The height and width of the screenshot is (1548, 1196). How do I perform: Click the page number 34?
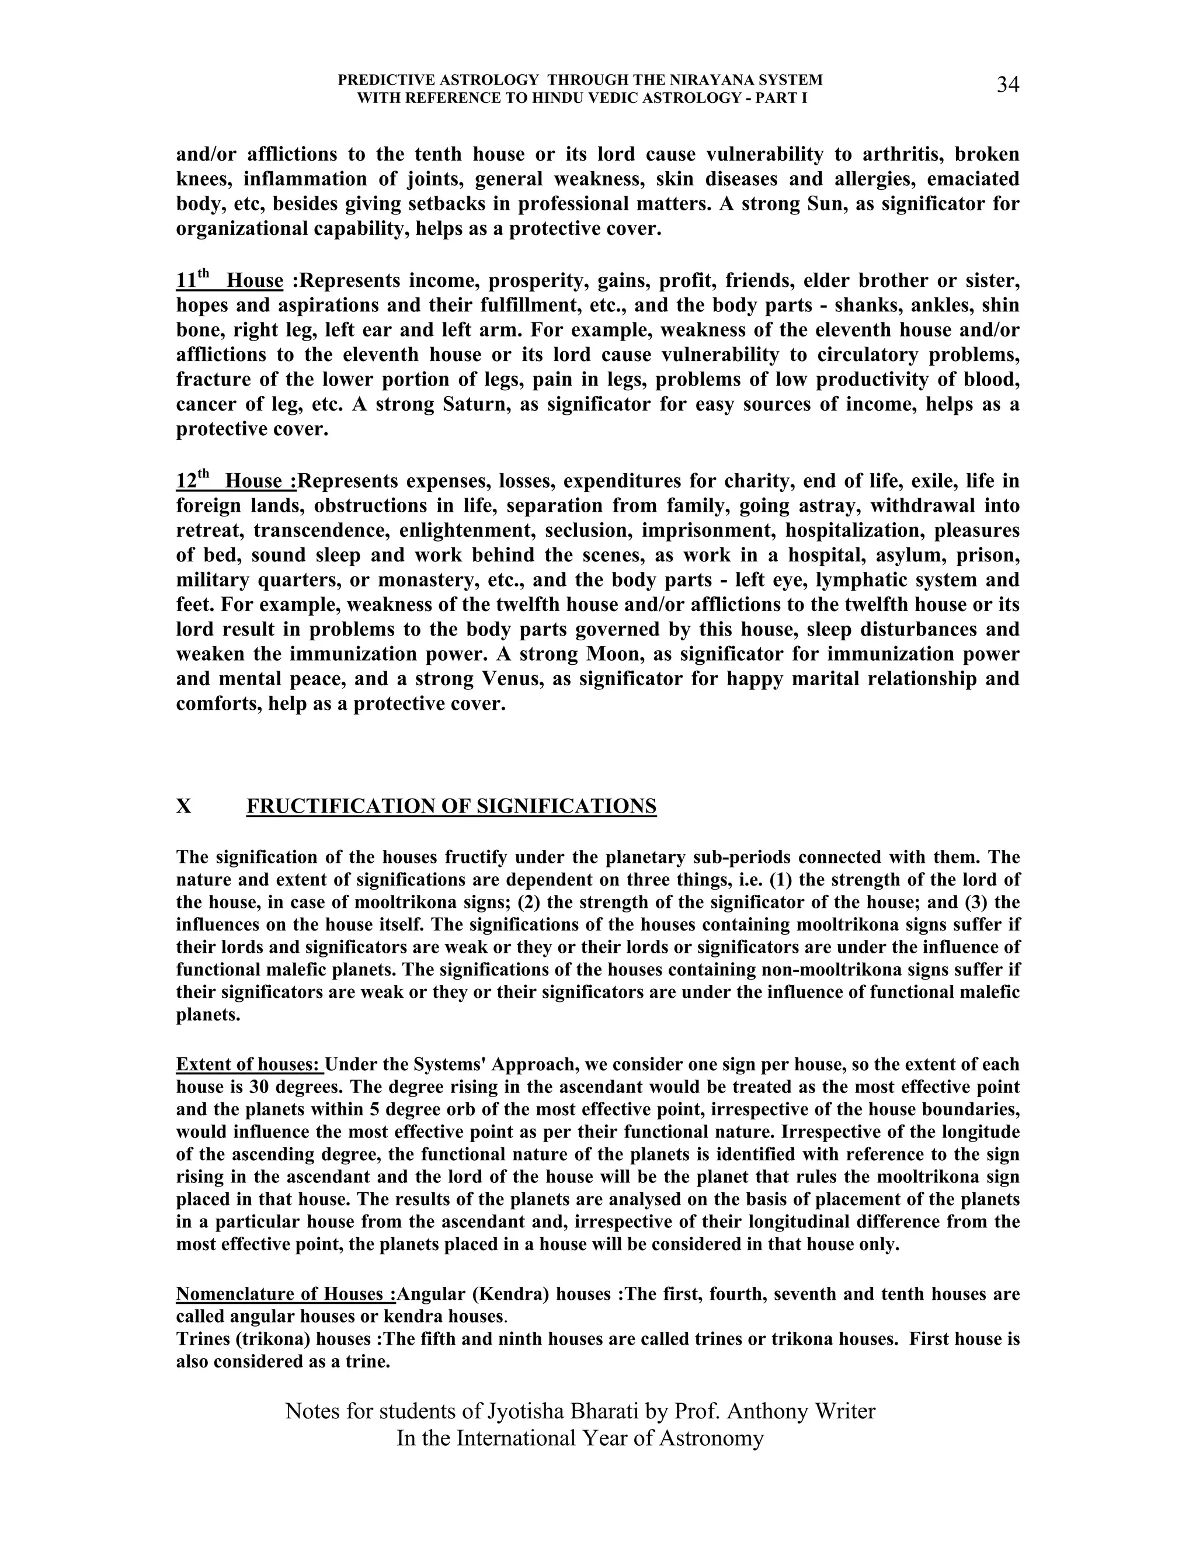(1007, 85)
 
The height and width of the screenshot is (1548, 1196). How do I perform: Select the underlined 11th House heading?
(230, 280)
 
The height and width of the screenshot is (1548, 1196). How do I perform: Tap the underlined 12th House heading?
(236, 481)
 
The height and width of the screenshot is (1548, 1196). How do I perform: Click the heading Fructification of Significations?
(451, 807)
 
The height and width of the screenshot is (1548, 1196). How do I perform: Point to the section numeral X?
(183, 807)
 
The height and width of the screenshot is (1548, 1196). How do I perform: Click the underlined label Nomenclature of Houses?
(286, 1294)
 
